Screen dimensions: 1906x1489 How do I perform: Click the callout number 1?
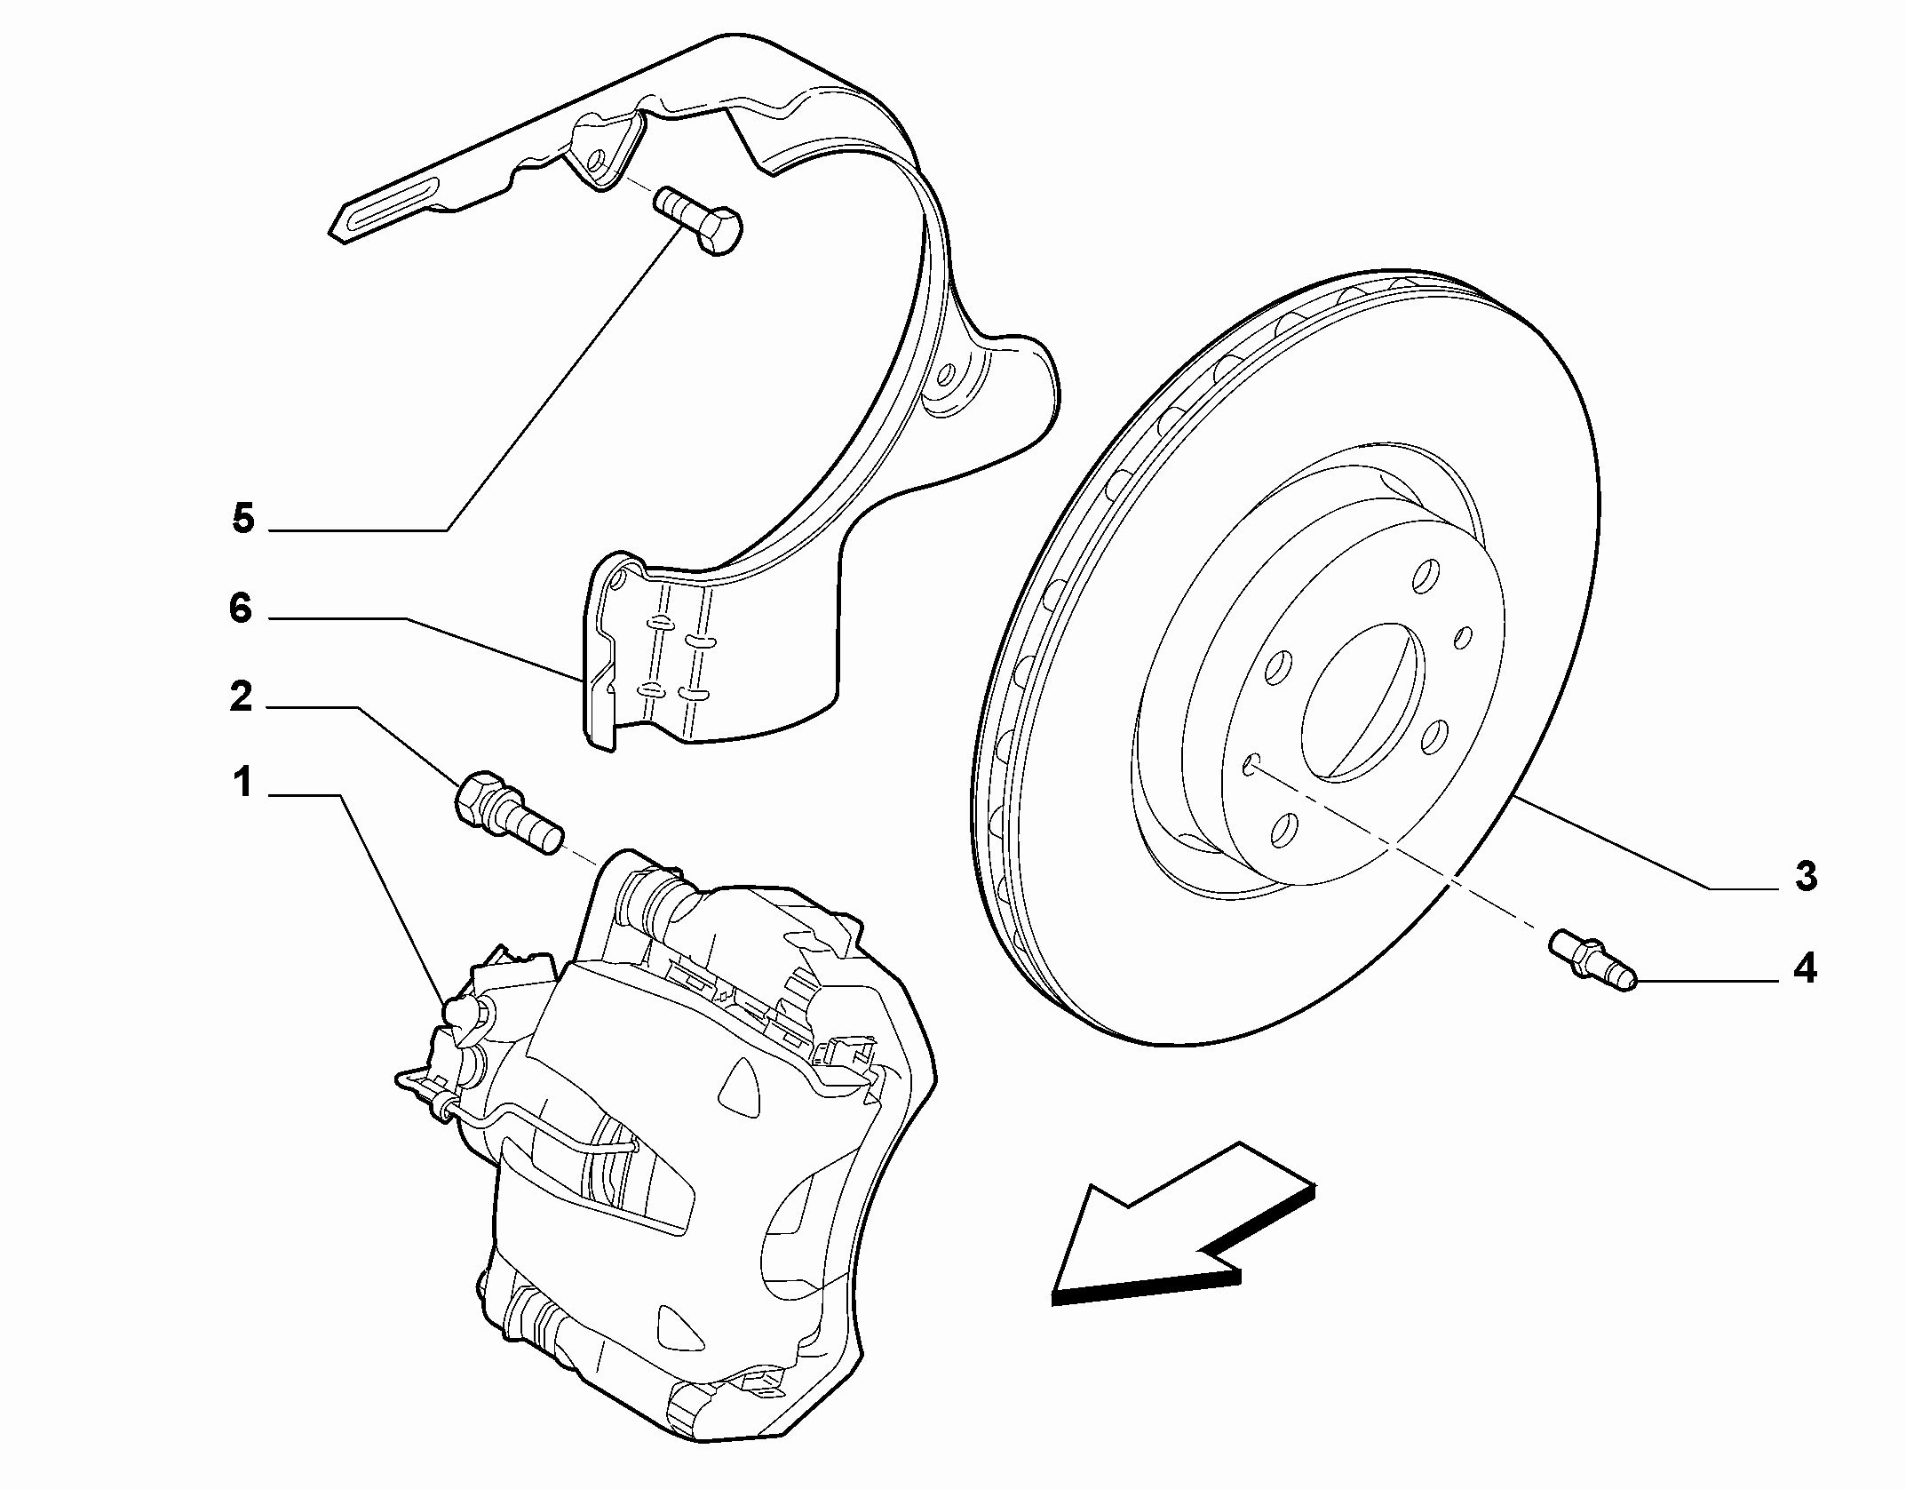pos(242,784)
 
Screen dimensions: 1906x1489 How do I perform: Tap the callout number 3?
pos(1806,876)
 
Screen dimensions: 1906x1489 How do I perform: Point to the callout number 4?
pos(1804,968)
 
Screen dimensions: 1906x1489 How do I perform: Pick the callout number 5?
pos(242,518)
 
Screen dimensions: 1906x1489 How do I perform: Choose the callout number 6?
pos(241,609)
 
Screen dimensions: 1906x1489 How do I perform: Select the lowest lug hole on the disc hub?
pos(1283,828)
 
